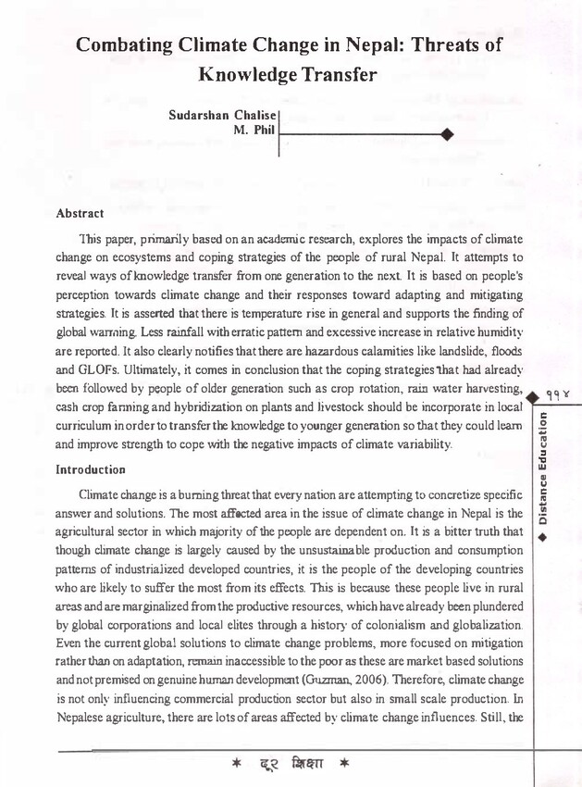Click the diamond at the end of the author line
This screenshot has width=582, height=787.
coord(448,135)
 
